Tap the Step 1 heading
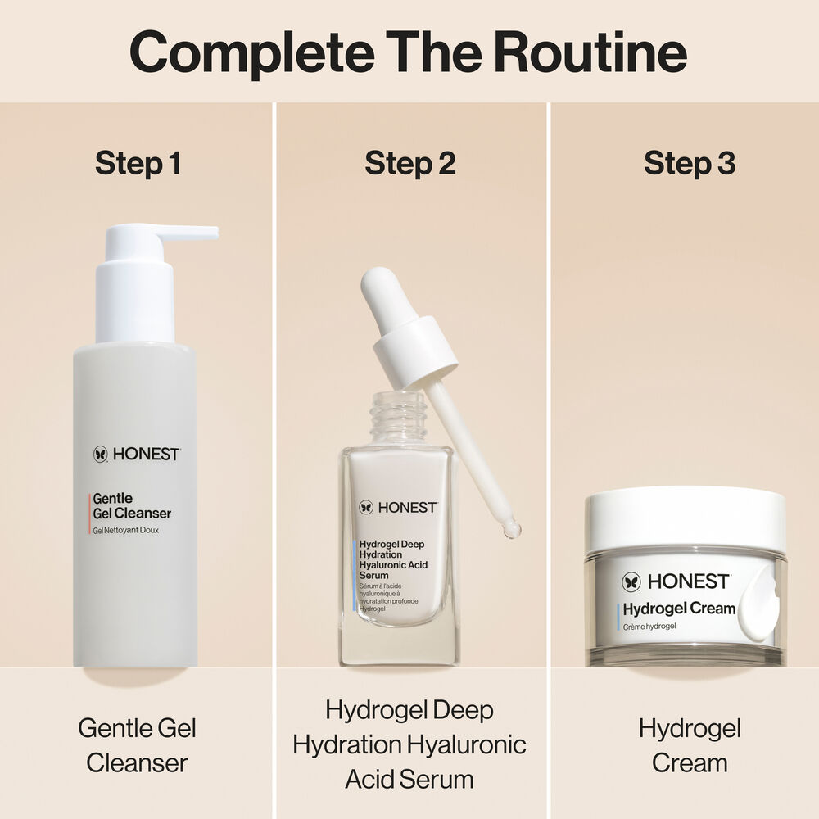(138, 163)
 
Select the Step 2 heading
(409, 163)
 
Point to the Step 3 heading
(690, 163)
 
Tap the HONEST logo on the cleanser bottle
(136, 454)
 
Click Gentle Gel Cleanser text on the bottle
(131, 506)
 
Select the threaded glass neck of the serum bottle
(398, 419)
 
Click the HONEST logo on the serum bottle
(398, 508)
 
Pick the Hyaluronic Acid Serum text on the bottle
(393, 566)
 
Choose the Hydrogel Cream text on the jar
(679, 609)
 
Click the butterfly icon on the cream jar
(631, 581)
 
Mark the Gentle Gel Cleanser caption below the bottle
(137, 745)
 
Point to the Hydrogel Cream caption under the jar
(690, 745)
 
